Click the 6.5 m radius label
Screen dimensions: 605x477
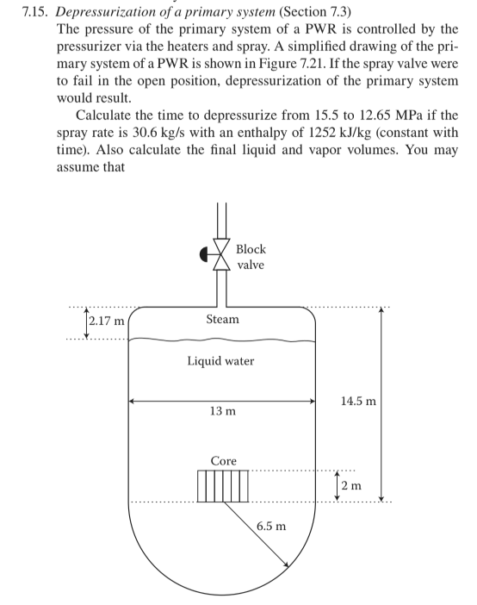coord(273,526)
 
